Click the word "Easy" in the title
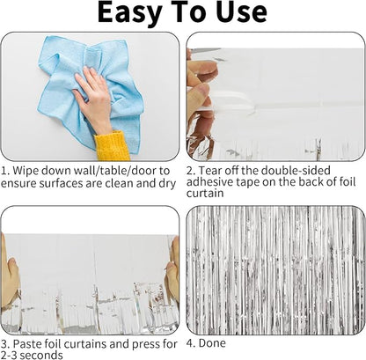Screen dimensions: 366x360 click(x=130, y=12)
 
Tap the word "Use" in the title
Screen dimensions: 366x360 click(x=242, y=12)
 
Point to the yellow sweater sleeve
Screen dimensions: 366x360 click(x=113, y=146)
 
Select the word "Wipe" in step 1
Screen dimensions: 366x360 click(x=26, y=171)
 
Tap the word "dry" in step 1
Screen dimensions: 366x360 click(x=167, y=184)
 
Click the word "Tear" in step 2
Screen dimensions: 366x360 click(x=210, y=171)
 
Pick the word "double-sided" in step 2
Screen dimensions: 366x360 click(x=296, y=171)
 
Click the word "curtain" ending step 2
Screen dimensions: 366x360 click(x=205, y=194)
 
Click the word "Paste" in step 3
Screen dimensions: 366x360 click(x=27, y=344)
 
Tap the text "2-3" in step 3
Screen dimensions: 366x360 click(x=9, y=355)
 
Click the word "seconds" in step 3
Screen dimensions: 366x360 click(x=41, y=355)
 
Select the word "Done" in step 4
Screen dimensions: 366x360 click(x=212, y=343)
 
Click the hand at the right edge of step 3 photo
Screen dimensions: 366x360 click(x=172, y=270)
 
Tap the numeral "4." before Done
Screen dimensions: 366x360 click(x=191, y=343)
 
